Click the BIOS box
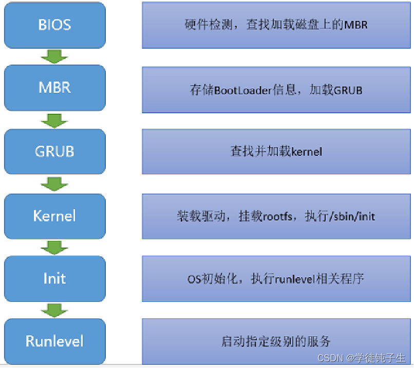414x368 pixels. coord(54,25)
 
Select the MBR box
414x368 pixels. coord(54,88)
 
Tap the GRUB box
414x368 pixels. coord(54,152)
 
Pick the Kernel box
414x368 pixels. coord(54,215)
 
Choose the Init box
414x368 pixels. coord(54,278)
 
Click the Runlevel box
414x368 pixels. coord(54,341)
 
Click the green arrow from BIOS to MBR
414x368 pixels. coord(54,56)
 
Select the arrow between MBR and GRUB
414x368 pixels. coord(54,120)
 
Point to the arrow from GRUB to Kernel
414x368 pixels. coord(54,183)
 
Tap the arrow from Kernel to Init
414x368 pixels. coord(54,247)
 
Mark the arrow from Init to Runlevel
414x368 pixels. coord(54,310)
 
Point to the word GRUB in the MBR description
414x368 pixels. coord(348,91)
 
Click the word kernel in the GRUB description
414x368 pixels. coord(307,152)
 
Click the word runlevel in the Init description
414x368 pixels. coord(294,279)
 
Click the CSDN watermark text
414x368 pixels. coord(328,357)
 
